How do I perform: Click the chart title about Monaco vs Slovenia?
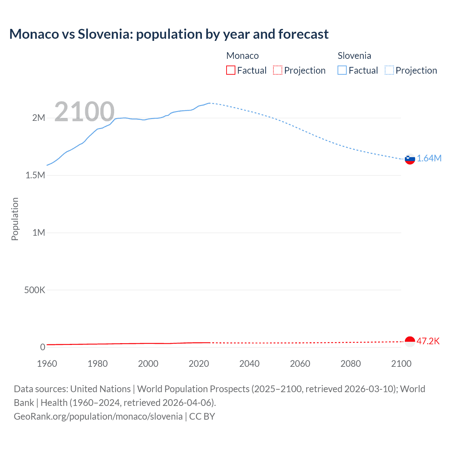169,34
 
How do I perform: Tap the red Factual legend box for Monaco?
230,70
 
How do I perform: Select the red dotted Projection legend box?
278,70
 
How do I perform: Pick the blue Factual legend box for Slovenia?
342,70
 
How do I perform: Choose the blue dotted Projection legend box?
389,70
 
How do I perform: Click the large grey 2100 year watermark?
85,112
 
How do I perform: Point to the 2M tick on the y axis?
39,118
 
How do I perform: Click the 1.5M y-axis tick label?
35,175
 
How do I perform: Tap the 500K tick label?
35,290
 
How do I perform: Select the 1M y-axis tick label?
39,233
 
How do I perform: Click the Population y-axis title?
15,219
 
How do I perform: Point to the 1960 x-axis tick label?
47,364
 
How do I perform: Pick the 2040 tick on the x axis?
249,364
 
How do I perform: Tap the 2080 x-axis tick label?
351,364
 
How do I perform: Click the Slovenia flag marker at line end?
410,159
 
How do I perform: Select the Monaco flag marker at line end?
410,341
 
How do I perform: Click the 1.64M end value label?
429,158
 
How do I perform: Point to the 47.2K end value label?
428,341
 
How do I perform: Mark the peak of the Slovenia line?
209,103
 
